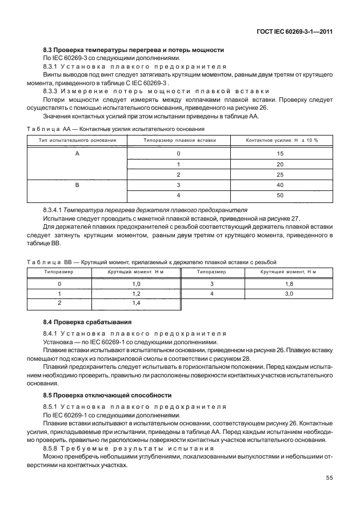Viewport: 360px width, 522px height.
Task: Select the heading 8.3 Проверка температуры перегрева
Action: (x=134, y=50)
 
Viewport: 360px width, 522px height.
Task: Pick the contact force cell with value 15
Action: (x=280, y=154)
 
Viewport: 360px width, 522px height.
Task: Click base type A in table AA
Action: (x=77, y=154)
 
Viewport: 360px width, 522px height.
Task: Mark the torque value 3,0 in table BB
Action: (x=290, y=293)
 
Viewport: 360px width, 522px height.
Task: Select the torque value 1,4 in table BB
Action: (x=136, y=302)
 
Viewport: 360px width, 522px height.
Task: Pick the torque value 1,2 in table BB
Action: (x=136, y=293)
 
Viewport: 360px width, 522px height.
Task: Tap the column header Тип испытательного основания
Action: (x=78, y=140)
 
